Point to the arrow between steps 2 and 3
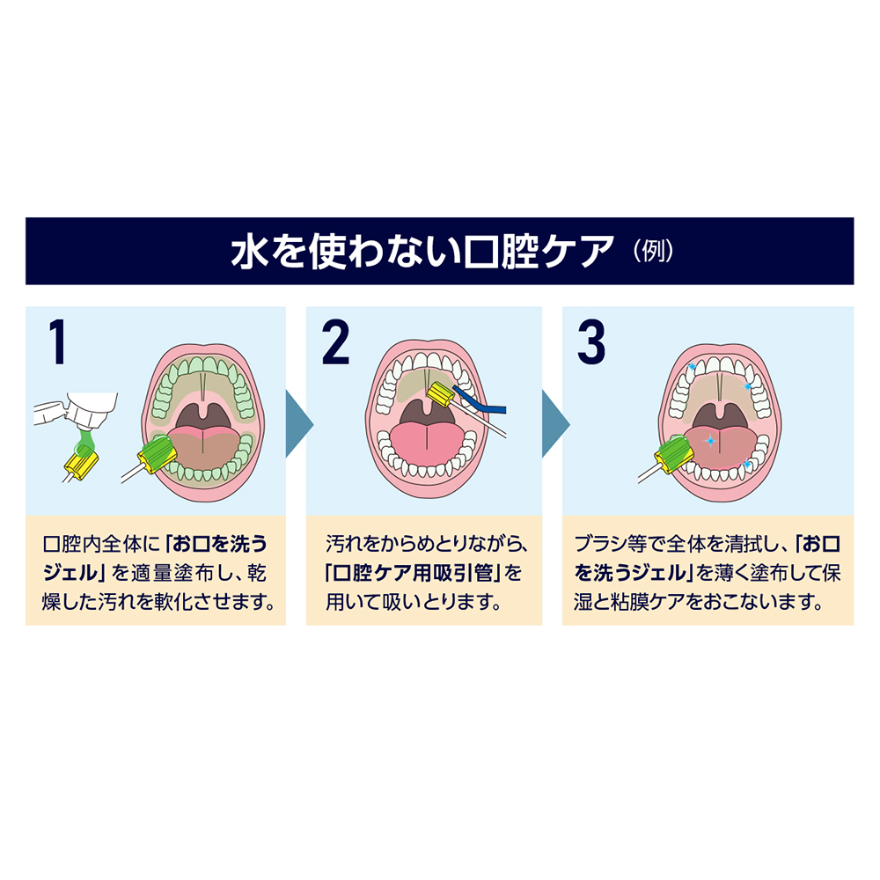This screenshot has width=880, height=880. pyautogui.click(x=554, y=422)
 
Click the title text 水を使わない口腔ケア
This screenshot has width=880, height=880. pyautogui.click(x=421, y=252)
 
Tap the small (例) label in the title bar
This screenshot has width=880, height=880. pyautogui.click(x=652, y=252)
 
